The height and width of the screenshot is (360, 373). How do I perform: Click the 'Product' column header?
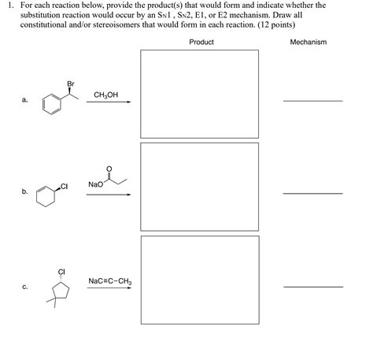point(201,42)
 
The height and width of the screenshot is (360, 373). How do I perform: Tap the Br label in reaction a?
point(71,84)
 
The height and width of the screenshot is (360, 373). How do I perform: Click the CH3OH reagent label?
point(105,95)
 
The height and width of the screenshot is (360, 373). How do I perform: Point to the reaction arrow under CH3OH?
point(109,102)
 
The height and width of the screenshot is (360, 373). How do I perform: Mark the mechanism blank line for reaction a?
point(312,101)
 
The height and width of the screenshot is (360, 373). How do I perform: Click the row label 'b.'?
point(25,191)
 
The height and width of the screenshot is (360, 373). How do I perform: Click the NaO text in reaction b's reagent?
point(94,184)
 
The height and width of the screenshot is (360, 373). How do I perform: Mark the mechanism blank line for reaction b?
point(312,193)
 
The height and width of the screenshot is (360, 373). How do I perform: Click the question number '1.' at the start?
point(9,5)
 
